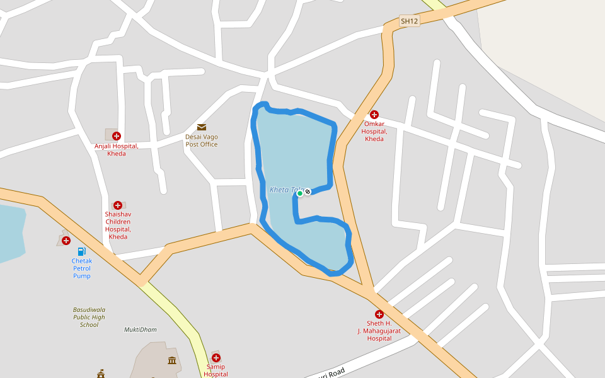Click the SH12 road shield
pyautogui.click(x=409, y=21)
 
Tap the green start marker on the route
pyautogui.click(x=300, y=193)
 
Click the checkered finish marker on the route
pyautogui.click(x=308, y=191)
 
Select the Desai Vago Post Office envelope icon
pyautogui.click(x=202, y=127)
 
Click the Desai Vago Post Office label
pyautogui.click(x=202, y=140)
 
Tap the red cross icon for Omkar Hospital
pyautogui.click(x=374, y=115)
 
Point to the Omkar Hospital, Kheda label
pyautogui.click(x=374, y=131)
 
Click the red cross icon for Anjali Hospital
pyautogui.click(x=116, y=135)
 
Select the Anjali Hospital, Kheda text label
pyautogui.click(x=117, y=150)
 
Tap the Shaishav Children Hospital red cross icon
pyautogui.click(x=117, y=205)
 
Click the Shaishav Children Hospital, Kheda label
pyautogui.click(x=118, y=226)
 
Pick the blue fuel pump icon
pyautogui.click(x=81, y=252)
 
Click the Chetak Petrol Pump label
pyautogui.click(x=82, y=268)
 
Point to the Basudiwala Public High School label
pyautogui.click(x=89, y=317)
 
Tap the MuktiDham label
pyautogui.click(x=141, y=329)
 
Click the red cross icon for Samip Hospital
pyautogui.click(x=216, y=357)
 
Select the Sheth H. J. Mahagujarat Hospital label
pyautogui.click(x=379, y=331)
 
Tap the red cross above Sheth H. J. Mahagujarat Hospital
pyautogui.click(x=379, y=314)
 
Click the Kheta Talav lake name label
pyautogui.click(x=285, y=190)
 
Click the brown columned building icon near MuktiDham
pyautogui.click(x=172, y=360)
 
